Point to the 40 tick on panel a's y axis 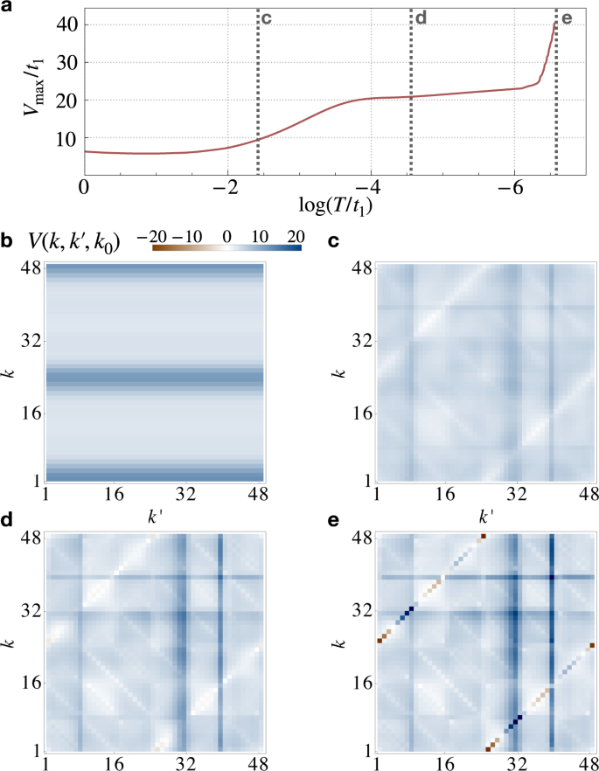pos(66,24)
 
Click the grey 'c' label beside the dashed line pos(267,17)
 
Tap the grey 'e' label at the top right pos(566,17)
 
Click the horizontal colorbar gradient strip pos(226,248)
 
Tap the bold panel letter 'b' pos(7,239)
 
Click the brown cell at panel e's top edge pos(483,535)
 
